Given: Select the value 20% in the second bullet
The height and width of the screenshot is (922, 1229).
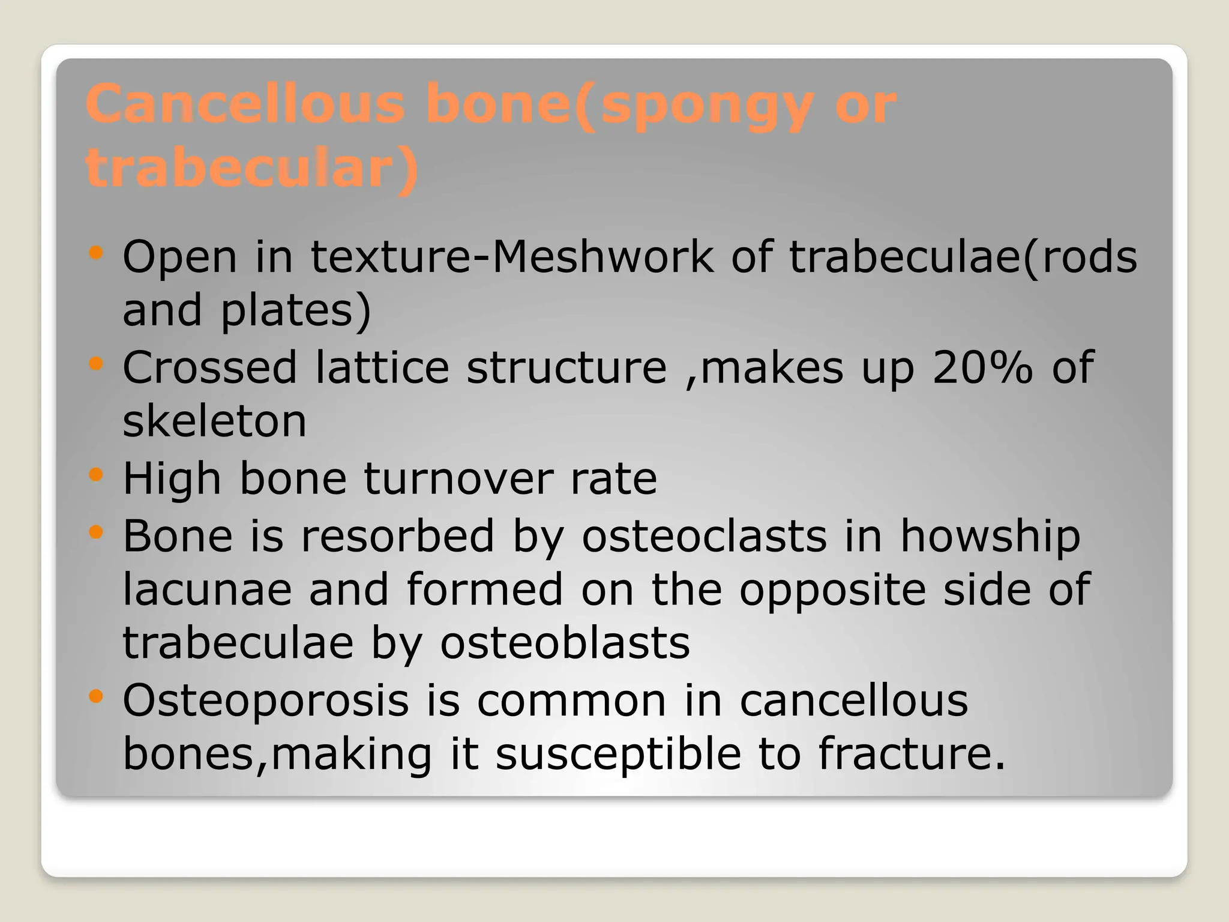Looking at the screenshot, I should coord(982,367).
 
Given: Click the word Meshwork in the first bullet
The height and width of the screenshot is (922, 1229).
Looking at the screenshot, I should coord(602,257).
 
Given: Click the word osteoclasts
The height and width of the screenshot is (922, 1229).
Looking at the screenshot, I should coord(704,535).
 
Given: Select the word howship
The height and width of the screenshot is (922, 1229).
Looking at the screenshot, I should coord(990,535).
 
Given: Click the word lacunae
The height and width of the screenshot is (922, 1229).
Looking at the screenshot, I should coord(207,589).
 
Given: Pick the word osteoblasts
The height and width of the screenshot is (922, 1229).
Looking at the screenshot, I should coord(565,643).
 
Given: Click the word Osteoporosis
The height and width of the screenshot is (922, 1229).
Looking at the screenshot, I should coord(266,701).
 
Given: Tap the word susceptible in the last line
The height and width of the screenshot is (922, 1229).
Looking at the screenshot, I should coord(618,755).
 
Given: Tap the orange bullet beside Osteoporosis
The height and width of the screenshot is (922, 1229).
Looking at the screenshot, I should coord(95,697).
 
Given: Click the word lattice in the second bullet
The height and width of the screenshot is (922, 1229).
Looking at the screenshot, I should coord(382,367).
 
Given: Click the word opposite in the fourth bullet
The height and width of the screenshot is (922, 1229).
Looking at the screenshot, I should coord(832,590).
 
